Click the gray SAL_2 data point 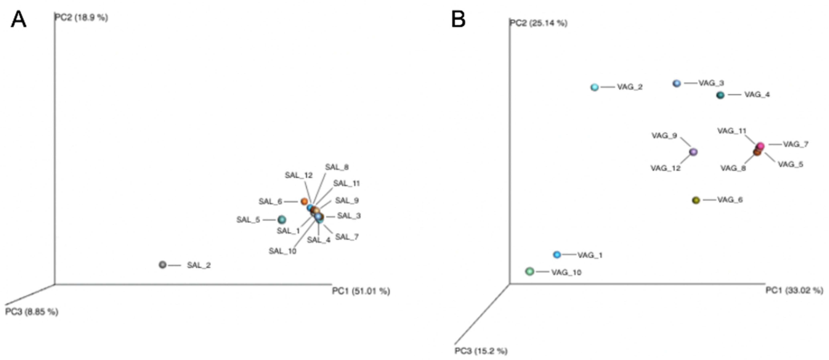coord(163,265)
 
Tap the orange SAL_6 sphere coord(304,202)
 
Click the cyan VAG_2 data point coord(594,87)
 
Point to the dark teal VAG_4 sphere coord(720,95)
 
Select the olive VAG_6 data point coord(696,200)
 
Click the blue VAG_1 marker coord(557,255)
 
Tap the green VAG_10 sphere coord(530,272)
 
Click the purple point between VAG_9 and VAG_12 coord(693,152)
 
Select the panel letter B coord(458,20)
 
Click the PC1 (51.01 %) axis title coord(361,291)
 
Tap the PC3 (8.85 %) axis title coord(31,312)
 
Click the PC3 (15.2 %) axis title coord(481,351)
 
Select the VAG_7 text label coord(796,144)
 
